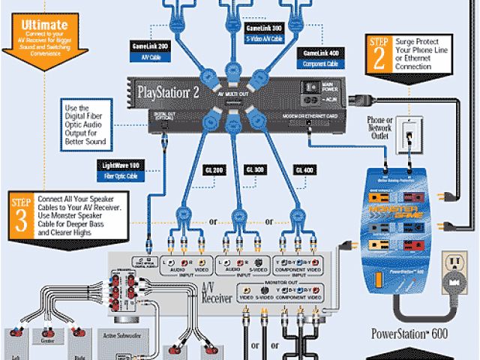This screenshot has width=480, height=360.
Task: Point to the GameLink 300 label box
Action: (x=264, y=31)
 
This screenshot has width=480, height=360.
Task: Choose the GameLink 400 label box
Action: (x=320, y=58)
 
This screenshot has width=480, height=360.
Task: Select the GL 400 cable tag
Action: (x=304, y=170)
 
